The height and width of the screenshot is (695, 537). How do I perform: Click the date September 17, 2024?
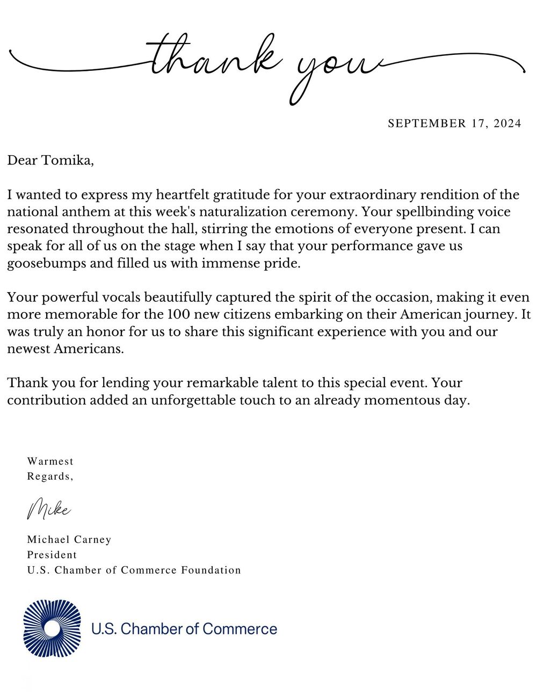[454, 124]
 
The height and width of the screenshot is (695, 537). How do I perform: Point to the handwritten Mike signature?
[48, 508]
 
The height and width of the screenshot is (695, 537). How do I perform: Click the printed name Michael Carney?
[69, 539]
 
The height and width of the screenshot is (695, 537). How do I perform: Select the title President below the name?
[52, 554]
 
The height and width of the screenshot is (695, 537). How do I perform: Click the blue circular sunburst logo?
[52, 628]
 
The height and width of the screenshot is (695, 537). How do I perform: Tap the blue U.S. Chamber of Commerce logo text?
[184, 628]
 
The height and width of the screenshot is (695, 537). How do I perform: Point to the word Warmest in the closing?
[50, 461]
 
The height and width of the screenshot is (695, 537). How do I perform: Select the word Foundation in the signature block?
[211, 570]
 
